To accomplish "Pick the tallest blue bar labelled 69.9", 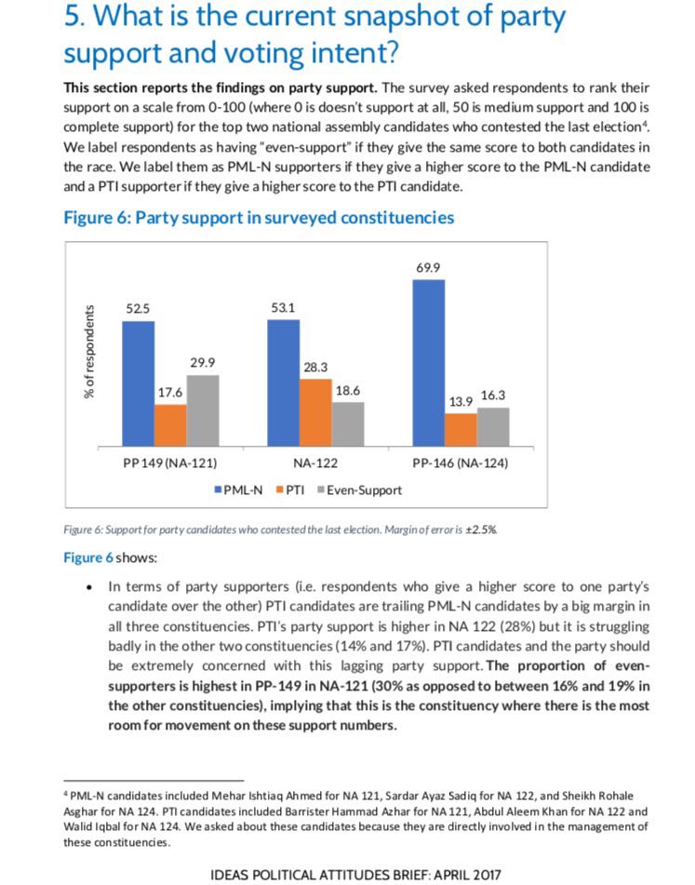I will (x=428, y=363).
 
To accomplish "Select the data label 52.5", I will (x=138, y=308).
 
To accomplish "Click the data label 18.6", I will (x=347, y=392).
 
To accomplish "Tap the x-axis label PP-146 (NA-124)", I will (x=460, y=463).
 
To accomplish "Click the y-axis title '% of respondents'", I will (x=89, y=351).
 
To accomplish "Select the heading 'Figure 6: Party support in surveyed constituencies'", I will (x=258, y=218).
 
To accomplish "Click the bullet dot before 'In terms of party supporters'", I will (x=88, y=588).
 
